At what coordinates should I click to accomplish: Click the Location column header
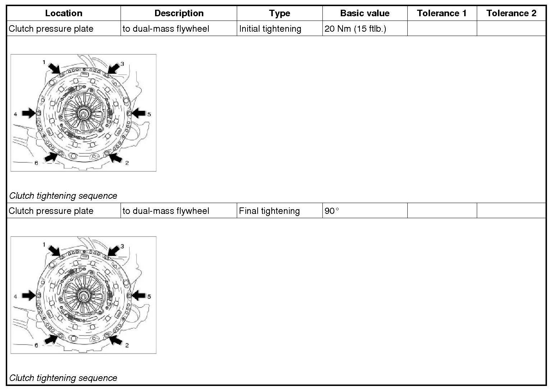(x=64, y=13)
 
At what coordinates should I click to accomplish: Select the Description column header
(x=179, y=13)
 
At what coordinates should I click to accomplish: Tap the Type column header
(x=280, y=13)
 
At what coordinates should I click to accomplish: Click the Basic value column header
(x=365, y=13)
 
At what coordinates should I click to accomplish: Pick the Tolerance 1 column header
(x=442, y=13)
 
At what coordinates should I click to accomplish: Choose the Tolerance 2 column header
(x=511, y=13)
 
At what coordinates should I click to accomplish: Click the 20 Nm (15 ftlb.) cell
(x=355, y=29)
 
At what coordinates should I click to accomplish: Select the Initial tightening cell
(x=270, y=29)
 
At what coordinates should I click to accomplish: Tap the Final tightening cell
(x=269, y=211)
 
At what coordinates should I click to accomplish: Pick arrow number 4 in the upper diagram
(x=28, y=113)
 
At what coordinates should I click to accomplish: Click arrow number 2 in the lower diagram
(x=116, y=339)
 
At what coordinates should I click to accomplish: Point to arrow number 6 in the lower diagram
(x=51, y=339)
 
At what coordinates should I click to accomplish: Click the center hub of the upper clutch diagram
(x=83, y=114)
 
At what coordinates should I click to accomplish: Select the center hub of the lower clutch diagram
(x=83, y=297)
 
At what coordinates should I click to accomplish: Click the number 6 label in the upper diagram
(x=36, y=163)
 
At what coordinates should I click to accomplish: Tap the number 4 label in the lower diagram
(x=15, y=297)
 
